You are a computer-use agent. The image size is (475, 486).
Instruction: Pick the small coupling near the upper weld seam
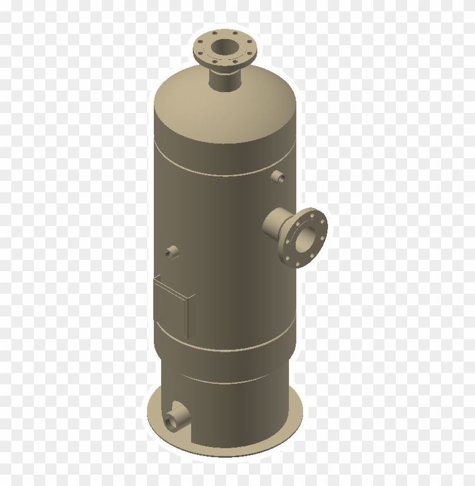click(x=279, y=177)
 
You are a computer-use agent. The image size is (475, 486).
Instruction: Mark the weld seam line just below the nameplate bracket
click(x=226, y=345)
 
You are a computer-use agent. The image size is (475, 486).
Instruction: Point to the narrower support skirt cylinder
click(x=237, y=413)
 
